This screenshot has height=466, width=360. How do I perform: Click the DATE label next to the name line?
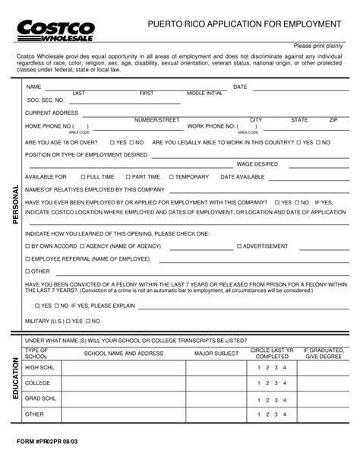[x=240, y=87]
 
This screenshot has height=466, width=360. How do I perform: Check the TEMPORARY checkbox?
[x=171, y=176]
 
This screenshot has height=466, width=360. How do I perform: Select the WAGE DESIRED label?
[x=257, y=163]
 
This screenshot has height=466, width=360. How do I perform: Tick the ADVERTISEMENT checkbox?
[x=239, y=246]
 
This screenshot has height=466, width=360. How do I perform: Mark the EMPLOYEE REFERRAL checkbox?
[x=28, y=259]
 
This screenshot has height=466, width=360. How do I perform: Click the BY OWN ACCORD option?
[x=28, y=246]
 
